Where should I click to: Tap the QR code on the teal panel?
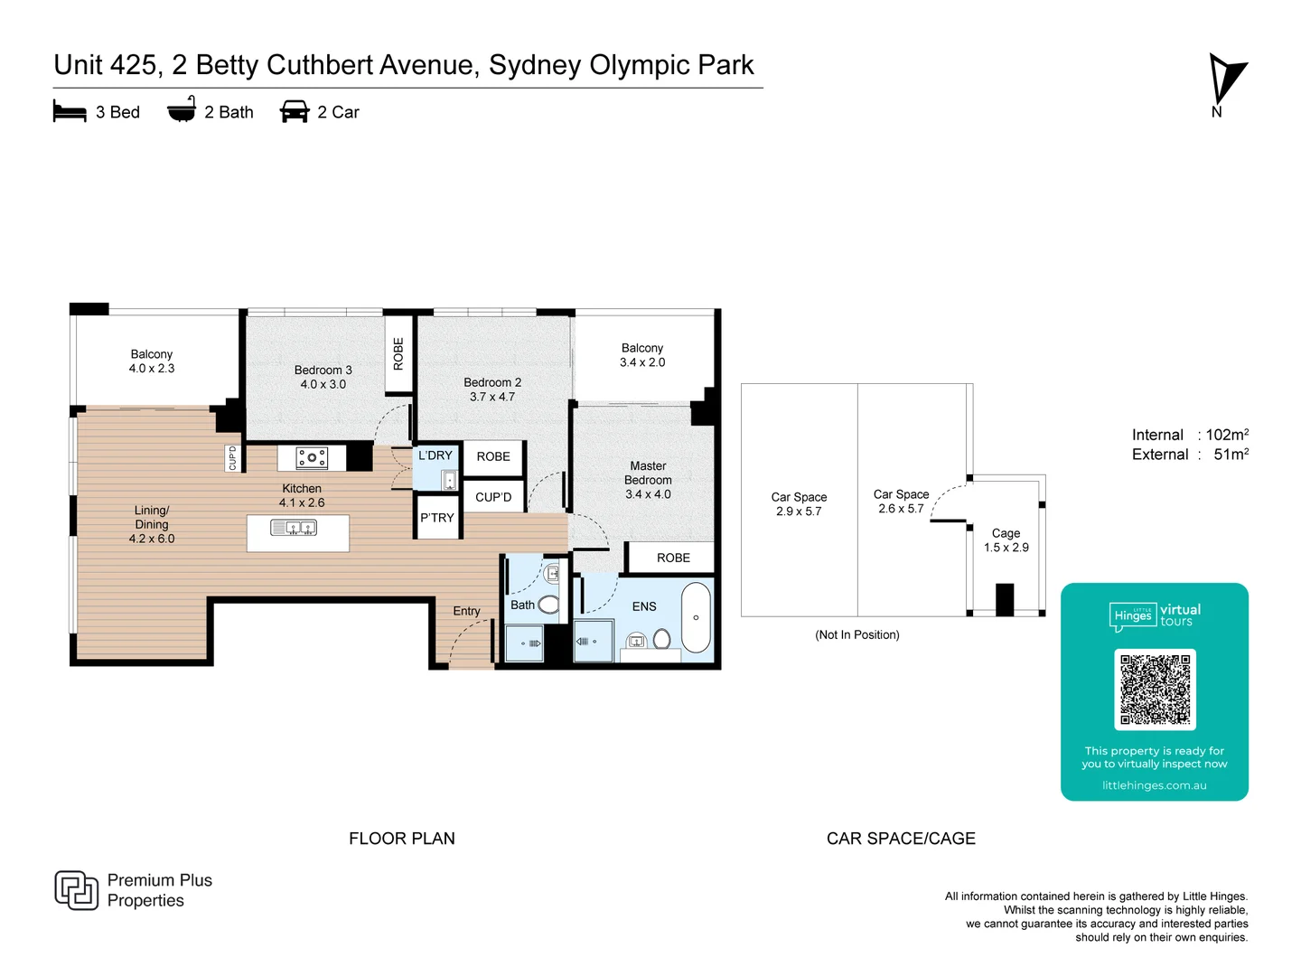pyautogui.click(x=1155, y=690)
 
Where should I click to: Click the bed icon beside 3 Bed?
pyautogui.click(x=70, y=111)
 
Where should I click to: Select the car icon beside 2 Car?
pyautogui.click(x=295, y=111)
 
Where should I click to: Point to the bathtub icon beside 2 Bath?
pyautogui.click(x=182, y=109)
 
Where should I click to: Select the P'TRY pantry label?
pyautogui.click(x=436, y=518)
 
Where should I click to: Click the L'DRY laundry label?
pyautogui.click(x=435, y=455)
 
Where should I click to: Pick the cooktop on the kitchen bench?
pyautogui.click(x=312, y=458)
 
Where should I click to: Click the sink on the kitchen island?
pyautogui.click(x=294, y=528)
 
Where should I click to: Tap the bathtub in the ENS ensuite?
pyautogui.click(x=696, y=617)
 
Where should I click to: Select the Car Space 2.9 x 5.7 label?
pyautogui.click(x=799, y=504)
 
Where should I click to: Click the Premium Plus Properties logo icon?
pyautogui.click(x=76, y=890)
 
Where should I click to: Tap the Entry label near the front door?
pyautogui.click(x=466, y=611)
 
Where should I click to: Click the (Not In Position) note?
pyautogui.click(x=856, y=634)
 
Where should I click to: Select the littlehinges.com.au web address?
pyautogui.click(x=1154, y=785)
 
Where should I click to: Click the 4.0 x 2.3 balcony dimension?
pyautogui.click(x=152, y=369)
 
